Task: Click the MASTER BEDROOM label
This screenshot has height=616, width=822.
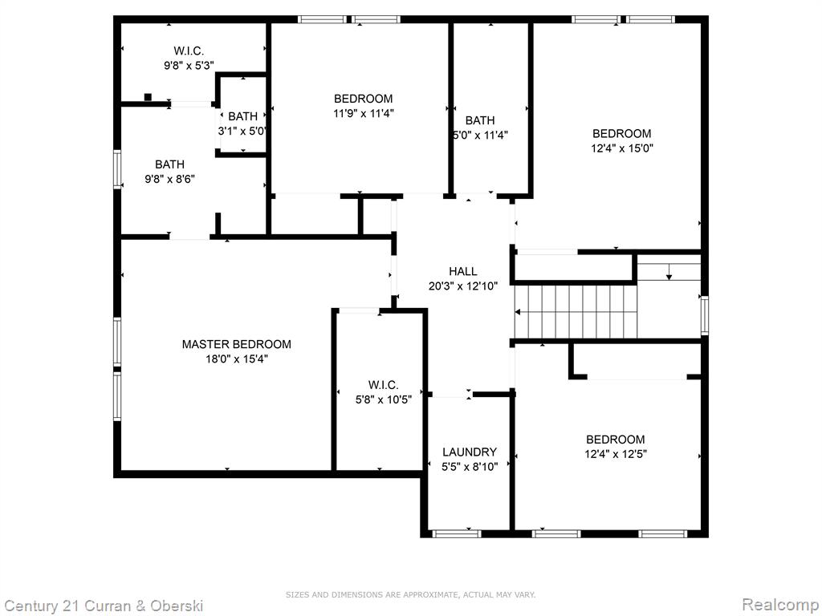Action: tap(237, 344)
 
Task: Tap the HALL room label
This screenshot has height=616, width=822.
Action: tap(463, 271)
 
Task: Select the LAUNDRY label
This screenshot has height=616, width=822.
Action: tap(469, 452)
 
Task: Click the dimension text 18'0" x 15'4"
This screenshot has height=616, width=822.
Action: tap(237, 359)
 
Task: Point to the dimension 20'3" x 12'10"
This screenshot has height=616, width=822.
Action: tap(463, 286)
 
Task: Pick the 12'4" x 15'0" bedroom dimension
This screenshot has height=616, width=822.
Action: tap(622, 148)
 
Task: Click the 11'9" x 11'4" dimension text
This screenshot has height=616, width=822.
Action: tap(364, 113)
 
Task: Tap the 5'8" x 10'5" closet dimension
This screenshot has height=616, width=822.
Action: tap(383, 399)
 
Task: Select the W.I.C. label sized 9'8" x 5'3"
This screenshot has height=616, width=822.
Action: tap(189, 51)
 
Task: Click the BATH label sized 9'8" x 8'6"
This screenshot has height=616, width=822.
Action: tap(169, 164)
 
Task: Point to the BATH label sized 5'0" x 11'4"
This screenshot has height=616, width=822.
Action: tap(480, 120)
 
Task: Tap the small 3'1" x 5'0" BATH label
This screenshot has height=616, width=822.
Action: tap(242, 116)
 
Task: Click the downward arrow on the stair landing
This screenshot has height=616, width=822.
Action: tap(669, 272)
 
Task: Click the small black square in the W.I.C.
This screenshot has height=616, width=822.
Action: tap(148, 97)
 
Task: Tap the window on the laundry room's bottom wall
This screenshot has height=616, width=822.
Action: tap(456, 533)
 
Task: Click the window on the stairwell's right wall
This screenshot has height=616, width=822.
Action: tap(705, 315)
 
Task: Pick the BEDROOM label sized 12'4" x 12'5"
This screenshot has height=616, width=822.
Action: tap(616, 440)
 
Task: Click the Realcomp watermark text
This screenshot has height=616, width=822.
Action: tap(780, 605)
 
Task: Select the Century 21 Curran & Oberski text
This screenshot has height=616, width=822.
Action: tap(104, 606)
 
